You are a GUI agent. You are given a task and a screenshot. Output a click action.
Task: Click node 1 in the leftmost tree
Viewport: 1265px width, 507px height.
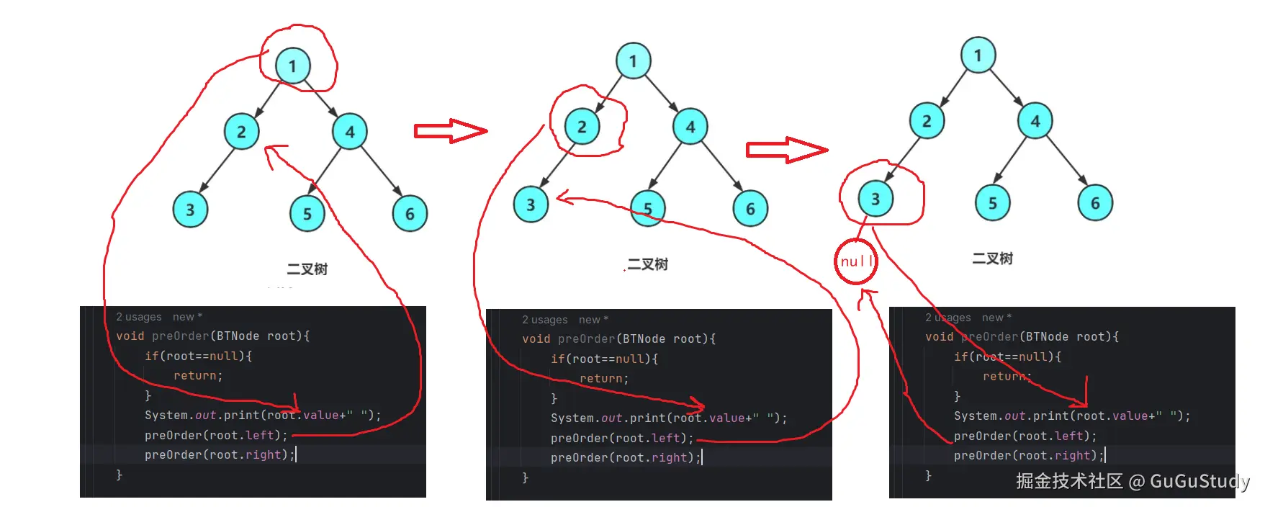(x=292, y=66)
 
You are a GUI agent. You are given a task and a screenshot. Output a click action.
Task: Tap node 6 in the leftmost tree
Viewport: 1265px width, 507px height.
(x=410, y=213)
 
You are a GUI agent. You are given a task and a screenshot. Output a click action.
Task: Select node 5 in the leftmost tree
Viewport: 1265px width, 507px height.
(x=307, y=213)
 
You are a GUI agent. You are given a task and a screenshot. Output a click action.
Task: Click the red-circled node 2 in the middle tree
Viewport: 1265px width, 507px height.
(x=582, y=127)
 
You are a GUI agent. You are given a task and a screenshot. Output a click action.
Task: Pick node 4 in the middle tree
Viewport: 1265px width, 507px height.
(x=690, y=127)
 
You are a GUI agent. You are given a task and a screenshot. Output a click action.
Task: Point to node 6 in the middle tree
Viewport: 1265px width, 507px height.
(x=750, y=209)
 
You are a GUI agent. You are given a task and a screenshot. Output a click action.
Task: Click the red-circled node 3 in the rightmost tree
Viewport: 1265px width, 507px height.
(x=875, y=199)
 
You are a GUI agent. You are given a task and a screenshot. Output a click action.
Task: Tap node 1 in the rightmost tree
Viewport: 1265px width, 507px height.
(x=978, y=55)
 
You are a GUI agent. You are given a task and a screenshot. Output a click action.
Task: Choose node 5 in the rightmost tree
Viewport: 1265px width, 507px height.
(x=992, y=203)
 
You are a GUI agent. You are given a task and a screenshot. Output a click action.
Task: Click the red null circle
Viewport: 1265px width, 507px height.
(x=856, y=261)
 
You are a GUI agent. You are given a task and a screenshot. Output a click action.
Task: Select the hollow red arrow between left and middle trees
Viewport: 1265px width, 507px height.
(x=451, y=130)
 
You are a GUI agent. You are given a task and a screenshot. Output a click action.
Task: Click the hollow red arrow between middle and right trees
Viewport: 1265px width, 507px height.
(x=786, y=150)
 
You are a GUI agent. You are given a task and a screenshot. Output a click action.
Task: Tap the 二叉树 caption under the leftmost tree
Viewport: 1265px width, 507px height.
(x=307, y=269)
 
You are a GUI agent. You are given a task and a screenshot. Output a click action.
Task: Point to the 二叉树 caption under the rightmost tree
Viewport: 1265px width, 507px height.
(x=992, y=259)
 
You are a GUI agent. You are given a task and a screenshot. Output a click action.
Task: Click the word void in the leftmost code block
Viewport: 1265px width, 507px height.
(x=130, y=336)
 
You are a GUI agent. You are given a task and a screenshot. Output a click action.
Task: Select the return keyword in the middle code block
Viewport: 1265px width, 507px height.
(x=603, y=379)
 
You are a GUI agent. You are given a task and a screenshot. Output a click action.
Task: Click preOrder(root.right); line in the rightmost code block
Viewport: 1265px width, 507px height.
(x=1028, y=456)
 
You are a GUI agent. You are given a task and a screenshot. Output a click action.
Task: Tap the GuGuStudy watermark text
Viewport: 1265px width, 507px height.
(x=1199, y=481)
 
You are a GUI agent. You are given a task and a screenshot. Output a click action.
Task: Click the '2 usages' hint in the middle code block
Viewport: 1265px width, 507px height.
(x=544, y=320)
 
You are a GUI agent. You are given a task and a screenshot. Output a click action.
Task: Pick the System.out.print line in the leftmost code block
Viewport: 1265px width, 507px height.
(x=262, y=416)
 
